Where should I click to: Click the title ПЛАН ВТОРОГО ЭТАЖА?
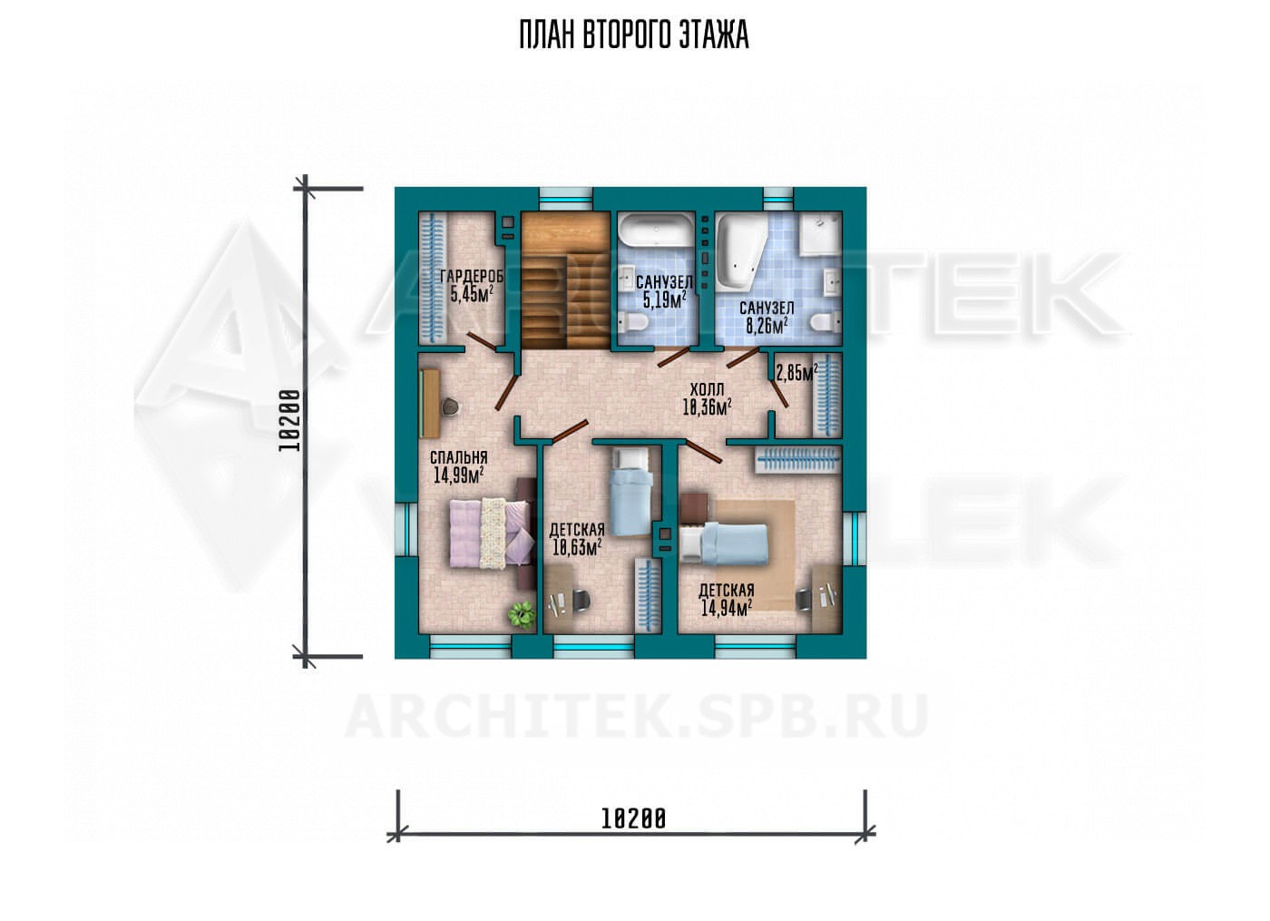coord(634,35)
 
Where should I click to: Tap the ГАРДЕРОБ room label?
coord(472,276)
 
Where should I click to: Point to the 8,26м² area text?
coord(767,326)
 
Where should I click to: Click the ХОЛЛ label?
coord(707,389)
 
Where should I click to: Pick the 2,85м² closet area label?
coord(796,373)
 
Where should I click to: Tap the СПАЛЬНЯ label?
coord(458,457)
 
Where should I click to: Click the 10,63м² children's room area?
coord(577,548)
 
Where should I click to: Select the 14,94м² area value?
coord(727,609)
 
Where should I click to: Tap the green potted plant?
coord(522,613)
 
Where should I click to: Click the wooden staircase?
coord(566,280)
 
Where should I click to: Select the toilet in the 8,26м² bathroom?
coord(825,323)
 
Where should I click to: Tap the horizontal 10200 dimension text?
coord(633,818)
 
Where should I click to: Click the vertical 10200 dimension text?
coord(289,420)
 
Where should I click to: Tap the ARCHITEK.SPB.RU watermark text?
coord(635,716)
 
